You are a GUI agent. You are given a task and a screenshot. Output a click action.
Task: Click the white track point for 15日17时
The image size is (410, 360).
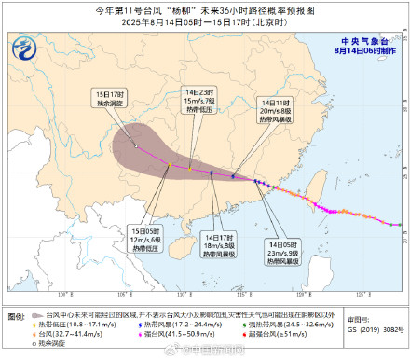coord(136,146)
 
